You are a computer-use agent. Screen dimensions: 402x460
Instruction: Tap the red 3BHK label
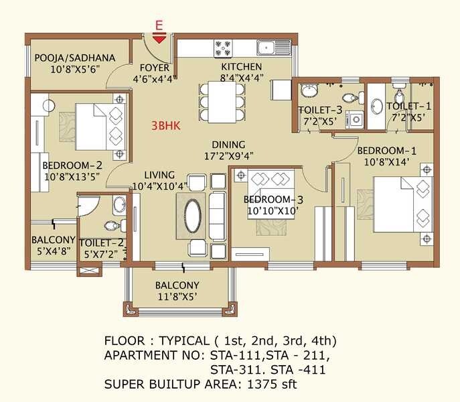[165, 125]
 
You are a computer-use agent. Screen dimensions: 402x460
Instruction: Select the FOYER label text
[154, 68]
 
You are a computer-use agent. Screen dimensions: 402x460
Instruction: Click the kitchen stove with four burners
[223, 48]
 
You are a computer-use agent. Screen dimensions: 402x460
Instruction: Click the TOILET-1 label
[408, 106]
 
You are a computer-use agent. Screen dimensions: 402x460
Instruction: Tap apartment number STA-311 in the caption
[232, 369]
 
